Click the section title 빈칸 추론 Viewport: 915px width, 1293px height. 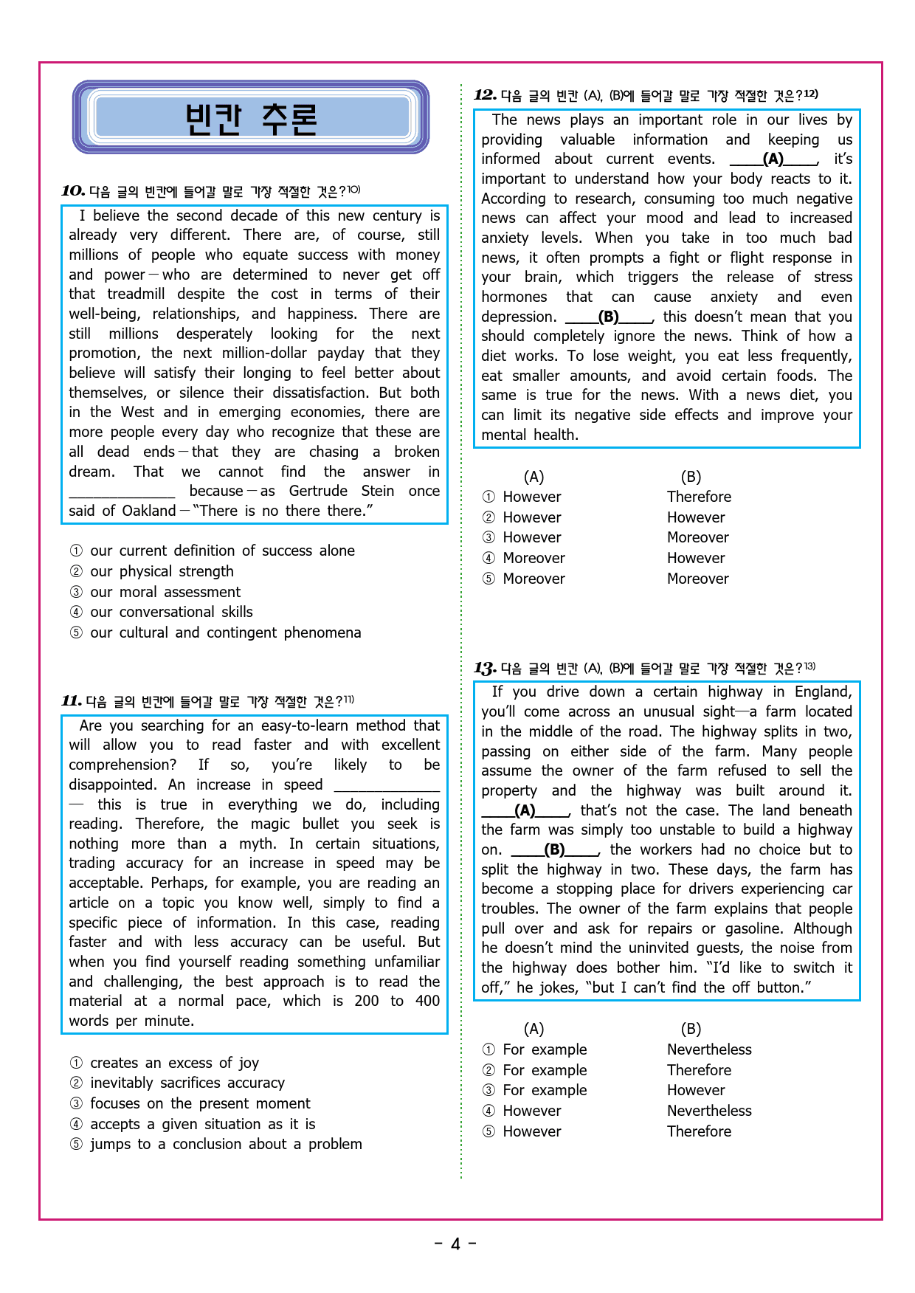click(x=251, y=119)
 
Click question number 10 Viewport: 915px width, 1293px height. click(x=73, y=191)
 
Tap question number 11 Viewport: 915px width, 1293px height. click(x=72, y=701)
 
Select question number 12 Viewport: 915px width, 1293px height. click(x=485, y=95)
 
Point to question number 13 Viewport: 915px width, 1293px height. click(x=485, y=669)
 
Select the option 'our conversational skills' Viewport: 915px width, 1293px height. click(x=171, y=612)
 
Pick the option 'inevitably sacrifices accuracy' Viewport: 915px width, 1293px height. click(x=187, y=1083)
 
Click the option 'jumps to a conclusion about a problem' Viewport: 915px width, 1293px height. click(x=226, y=1144)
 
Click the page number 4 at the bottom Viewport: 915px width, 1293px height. click(x=455, y=1244)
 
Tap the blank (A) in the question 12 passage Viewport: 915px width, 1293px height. click(x=773, y=159)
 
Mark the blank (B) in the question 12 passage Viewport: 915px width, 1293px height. click(x=609, y=317)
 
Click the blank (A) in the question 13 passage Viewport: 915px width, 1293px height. click(x=525, y=810)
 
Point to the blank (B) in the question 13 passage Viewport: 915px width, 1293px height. click(x=554, y=849)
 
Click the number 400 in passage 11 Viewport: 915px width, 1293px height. click(x=427, y=1001)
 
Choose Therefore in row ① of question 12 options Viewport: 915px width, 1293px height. click(x=699, y=497)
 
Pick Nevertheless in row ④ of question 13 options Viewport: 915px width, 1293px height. click(x=709, y=1111)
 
